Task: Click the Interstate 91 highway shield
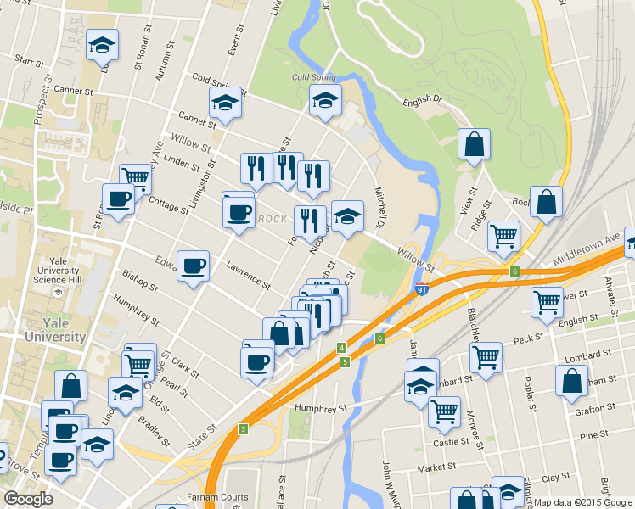(423, 289)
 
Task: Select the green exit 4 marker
(341, 348)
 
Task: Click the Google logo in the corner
(27, 499)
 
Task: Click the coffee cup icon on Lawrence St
(193, 266)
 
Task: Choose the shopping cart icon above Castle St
(444, 411)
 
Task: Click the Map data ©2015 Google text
(582, 501)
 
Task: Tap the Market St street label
(436, 467)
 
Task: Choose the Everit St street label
(236, 43)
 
